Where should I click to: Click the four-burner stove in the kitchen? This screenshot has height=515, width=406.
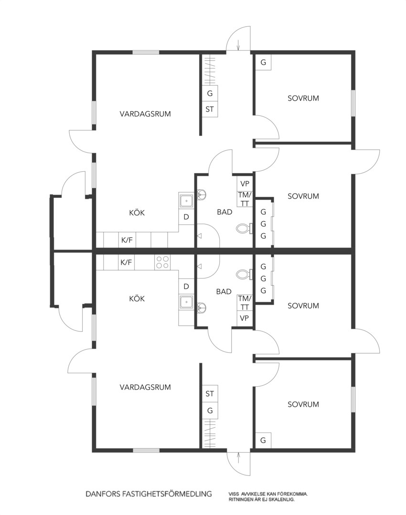162,262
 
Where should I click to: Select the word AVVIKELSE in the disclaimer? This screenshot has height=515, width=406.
252,494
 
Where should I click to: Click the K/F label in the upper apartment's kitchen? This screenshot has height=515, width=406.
127,240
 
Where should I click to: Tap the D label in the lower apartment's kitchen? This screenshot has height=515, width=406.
186,287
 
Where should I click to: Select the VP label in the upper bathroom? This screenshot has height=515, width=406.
245,184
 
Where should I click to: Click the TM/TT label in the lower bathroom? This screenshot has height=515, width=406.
245,302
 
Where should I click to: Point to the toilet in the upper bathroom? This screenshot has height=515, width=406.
244,228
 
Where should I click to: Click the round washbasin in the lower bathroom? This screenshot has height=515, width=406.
202,307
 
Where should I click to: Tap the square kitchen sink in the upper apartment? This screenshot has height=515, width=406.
187,200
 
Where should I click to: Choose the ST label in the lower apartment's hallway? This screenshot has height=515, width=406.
210,393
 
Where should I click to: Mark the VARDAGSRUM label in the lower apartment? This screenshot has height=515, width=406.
145,387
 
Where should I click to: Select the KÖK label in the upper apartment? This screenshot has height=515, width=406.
137,213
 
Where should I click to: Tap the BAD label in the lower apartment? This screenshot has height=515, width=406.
224,291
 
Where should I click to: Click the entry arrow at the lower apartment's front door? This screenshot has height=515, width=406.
238,457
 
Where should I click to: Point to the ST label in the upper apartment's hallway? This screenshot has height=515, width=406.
210,109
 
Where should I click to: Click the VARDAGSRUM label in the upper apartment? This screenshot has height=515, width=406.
145,114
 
